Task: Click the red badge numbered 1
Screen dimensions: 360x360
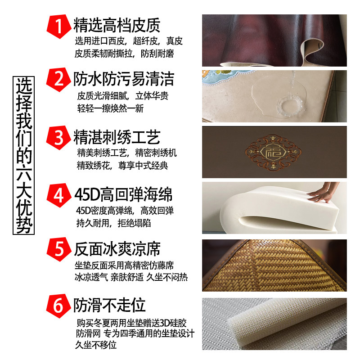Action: coord(58,26)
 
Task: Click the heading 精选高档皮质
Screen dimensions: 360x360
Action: coord(117,25)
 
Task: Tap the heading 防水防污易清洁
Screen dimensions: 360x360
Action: coord(124,80)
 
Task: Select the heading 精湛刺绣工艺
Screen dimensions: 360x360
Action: coord(117,137)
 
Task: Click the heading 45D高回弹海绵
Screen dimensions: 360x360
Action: coord(124,195)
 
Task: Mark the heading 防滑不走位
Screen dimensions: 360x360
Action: coord(110,306)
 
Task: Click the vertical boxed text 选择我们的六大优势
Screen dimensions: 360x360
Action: coord(24,156)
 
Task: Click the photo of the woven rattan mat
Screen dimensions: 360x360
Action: coord(274,265)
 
